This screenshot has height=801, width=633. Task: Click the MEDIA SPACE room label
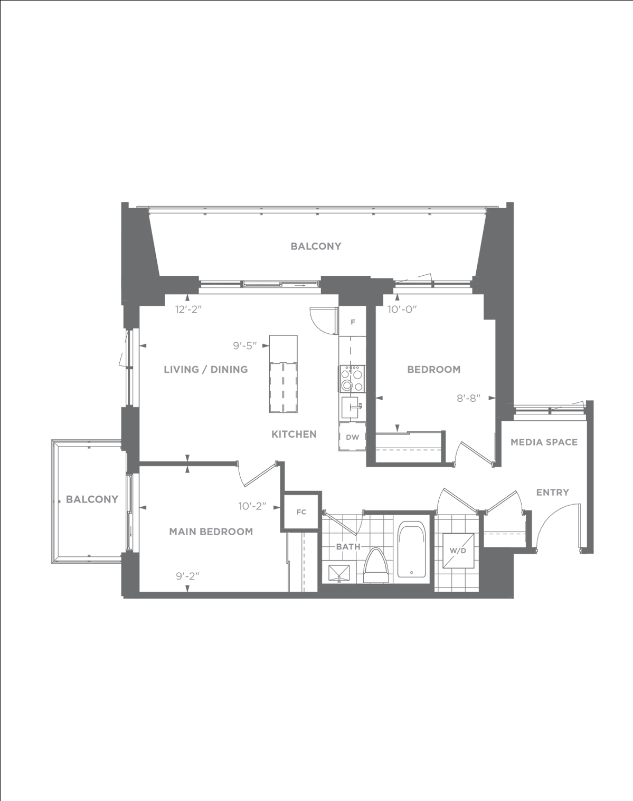point(544,442)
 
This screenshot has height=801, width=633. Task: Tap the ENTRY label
point(552,493)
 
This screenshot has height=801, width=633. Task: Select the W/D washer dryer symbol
point(458,551)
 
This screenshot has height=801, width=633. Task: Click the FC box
point(301,512)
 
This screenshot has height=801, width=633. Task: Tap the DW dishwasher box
point(352,437)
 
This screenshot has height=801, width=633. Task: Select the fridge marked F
point(352,322)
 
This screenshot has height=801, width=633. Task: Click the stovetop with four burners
point(352,379)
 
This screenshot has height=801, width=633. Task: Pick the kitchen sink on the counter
point(352,407)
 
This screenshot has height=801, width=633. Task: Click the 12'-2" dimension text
point(188,310)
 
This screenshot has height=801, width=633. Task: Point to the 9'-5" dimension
point(245,346)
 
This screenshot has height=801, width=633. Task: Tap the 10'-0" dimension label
point(402,310)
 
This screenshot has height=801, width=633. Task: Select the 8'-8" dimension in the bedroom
point(469,398)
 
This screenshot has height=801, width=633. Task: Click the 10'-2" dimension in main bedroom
point(253,506)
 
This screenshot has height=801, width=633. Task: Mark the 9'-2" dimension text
point(188,576)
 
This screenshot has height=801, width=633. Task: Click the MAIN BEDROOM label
point(211,532)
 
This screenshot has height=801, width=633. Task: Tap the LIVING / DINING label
point(206,370)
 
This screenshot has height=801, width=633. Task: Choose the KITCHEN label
point(294,434)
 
